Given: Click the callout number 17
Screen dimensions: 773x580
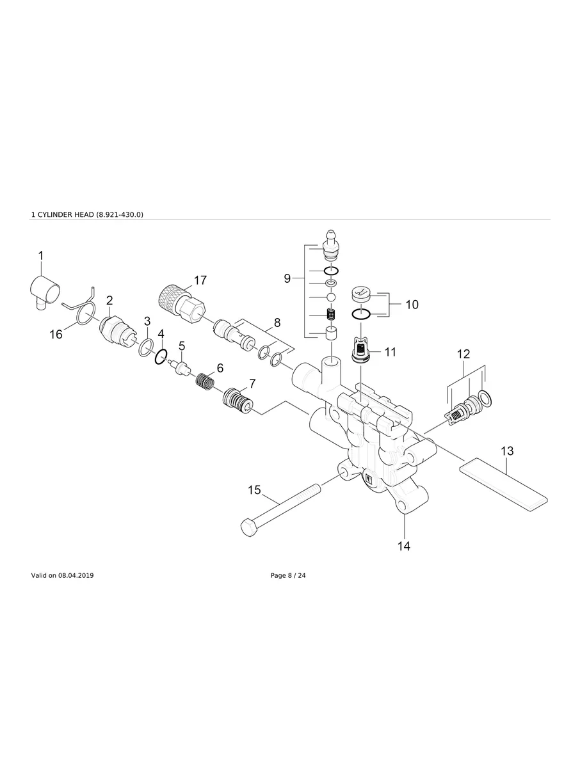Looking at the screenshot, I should coord(200,280).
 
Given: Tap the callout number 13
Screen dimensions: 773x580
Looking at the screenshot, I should coord(507,451).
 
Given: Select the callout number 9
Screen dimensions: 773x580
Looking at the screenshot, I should coord(287,278).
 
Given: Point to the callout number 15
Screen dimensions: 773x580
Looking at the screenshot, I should coord(254,490).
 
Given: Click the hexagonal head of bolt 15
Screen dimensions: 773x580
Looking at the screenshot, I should coord(249,527).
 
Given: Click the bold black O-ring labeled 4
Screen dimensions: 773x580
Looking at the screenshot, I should coord(161,356).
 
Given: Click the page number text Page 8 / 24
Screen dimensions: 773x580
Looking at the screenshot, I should coord(288,576).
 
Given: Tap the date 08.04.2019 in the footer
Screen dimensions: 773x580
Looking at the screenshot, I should coord(76,576).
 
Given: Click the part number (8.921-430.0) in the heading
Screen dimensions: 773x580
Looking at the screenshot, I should coord(120,214).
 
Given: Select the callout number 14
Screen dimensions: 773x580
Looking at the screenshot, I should coord(404,546).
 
